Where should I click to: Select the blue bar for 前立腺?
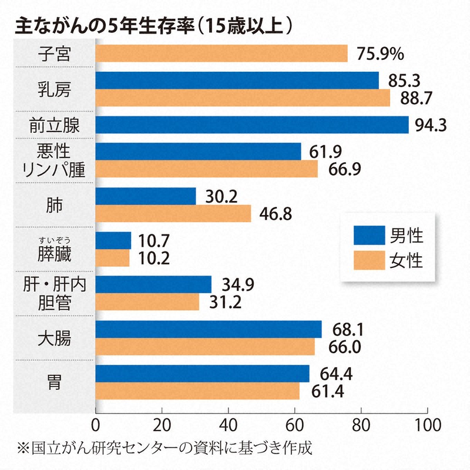point(251,125)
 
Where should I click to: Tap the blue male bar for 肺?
point(145,196)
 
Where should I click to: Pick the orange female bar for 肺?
point(173,213)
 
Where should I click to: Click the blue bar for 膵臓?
point(113,241)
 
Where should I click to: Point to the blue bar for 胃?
point(202,374)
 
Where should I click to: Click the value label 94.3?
point(432,125)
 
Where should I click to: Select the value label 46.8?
point(275,213)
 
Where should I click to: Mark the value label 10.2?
point(153,258)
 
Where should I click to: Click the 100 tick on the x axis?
point(427,425)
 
